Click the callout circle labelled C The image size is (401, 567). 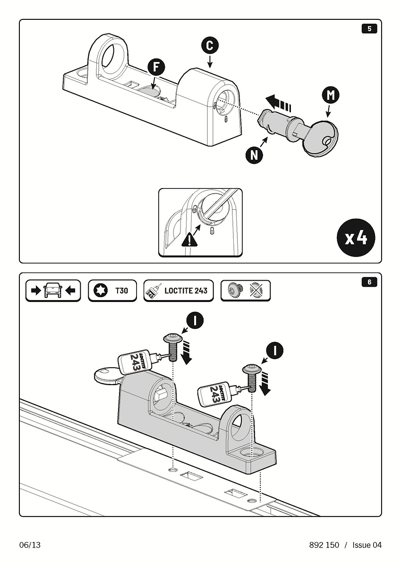click(x=210, y=46)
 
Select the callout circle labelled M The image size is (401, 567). click(x=331, y=95)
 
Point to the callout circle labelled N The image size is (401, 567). click(x=255, y=155)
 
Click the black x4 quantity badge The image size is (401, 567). click(x=356, y=238)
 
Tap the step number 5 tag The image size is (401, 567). click(x=369, y=29)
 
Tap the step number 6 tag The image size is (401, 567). click(x=369, y=282)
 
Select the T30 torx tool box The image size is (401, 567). click(x=112, y=291)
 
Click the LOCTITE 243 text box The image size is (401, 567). click(x=178, y=291)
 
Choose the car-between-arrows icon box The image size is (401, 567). click(x=53, y=291)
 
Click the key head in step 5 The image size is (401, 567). click(x=320, y=137)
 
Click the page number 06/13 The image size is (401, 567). click(x=30, y=545)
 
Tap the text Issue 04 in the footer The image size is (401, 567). click(x=367, y=545)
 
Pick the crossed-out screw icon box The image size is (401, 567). click(x=246, y=291)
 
